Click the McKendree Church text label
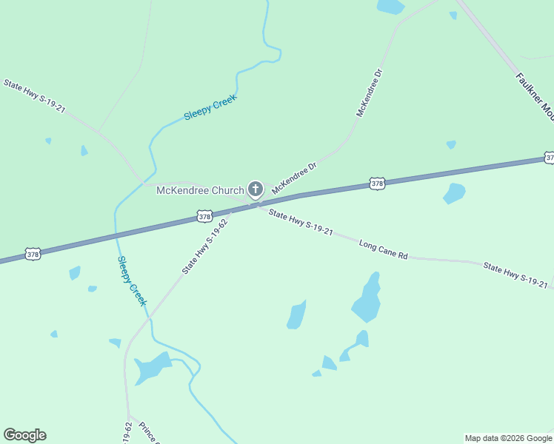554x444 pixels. [x=200, y=190]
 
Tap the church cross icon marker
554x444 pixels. [x=256, y=189]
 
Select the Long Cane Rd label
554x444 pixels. [x=383, y=249]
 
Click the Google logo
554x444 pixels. [x=24, y=435]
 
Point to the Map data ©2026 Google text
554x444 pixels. [x=508, y=438]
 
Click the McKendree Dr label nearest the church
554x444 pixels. [x=294, y=178]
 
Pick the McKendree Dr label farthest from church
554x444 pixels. [x=370, y=93]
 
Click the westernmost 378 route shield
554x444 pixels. [x=33, y=254]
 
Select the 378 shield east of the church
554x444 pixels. [x=377, y=183]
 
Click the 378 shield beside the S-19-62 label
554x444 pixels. [x=205, y=216]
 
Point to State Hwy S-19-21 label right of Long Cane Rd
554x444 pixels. [x=515, y=274]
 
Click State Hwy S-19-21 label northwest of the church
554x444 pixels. [x=34, y=96]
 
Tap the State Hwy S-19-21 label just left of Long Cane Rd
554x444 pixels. [x=300, y=222]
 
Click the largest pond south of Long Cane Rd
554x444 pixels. [x=367, y=298]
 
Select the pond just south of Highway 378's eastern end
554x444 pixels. [x=454, y=193]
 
